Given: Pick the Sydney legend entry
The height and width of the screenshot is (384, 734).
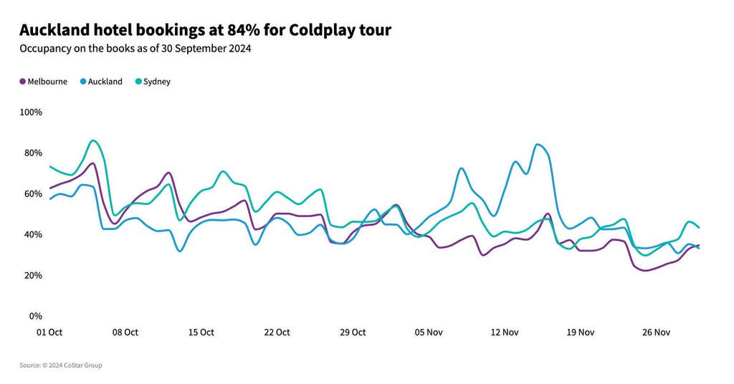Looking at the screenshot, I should (156, 82).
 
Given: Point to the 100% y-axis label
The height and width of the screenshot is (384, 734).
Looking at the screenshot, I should (31, 112).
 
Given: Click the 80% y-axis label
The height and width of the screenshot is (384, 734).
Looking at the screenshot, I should (33, 153).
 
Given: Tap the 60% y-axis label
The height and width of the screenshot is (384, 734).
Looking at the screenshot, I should (33, 194).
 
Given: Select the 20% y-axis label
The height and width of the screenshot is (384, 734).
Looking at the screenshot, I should (33, 276).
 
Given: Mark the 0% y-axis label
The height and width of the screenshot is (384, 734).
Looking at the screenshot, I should (35, 317).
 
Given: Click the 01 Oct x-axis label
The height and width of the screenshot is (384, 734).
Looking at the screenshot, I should (49, 332).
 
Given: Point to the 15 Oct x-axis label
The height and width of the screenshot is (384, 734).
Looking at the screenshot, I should (201, 332).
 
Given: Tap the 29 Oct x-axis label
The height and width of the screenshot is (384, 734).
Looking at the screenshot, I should (353, 332).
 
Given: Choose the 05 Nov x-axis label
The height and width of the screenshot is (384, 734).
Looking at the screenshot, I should (429, 332).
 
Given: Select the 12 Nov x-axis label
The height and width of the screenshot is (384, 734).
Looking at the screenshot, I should (505, 332).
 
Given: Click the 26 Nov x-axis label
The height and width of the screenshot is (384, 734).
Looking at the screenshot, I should (657, 332).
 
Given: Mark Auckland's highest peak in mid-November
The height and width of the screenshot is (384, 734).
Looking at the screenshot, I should (538, 145).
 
